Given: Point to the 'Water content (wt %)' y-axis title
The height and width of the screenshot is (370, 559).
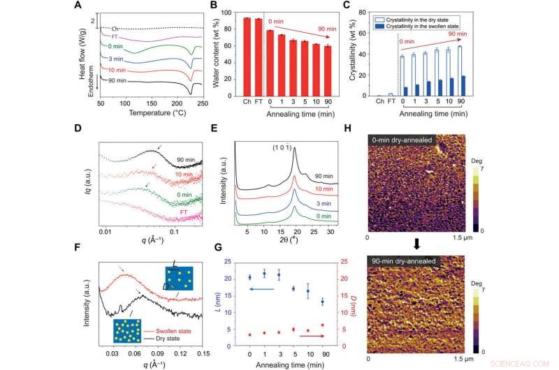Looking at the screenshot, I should point(223,50).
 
